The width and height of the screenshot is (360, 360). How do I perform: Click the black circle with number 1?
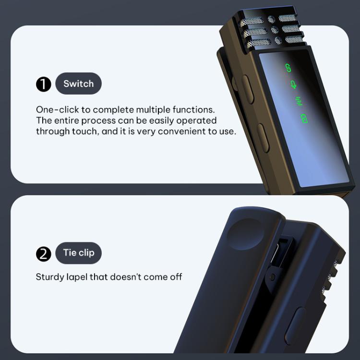(x=44, y=84)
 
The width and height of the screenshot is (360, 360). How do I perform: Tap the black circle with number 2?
(x=44, y=254)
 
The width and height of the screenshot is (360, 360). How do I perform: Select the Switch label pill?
(x=79, y=84)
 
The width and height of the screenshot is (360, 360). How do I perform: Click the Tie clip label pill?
(x=79, y=253)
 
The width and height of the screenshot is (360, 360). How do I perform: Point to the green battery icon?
(x=304, y=118)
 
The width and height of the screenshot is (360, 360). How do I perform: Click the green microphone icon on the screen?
(x=293, y=84)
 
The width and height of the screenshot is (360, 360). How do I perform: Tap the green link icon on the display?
(x=288, y=68)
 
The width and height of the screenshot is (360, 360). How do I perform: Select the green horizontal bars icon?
(x=299, y=101)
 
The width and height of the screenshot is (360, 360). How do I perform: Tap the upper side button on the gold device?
(x=248, y=89)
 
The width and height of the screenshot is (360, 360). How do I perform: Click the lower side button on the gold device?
(x=263, y=138)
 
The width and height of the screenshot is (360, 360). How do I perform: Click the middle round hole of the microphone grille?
(x=275, y=30)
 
